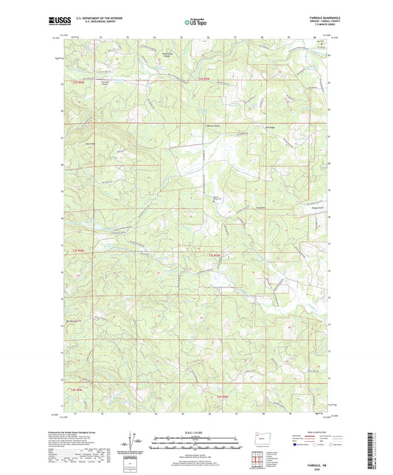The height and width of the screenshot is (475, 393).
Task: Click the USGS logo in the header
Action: point(56,24)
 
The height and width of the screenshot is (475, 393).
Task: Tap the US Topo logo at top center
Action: point(191,23)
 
